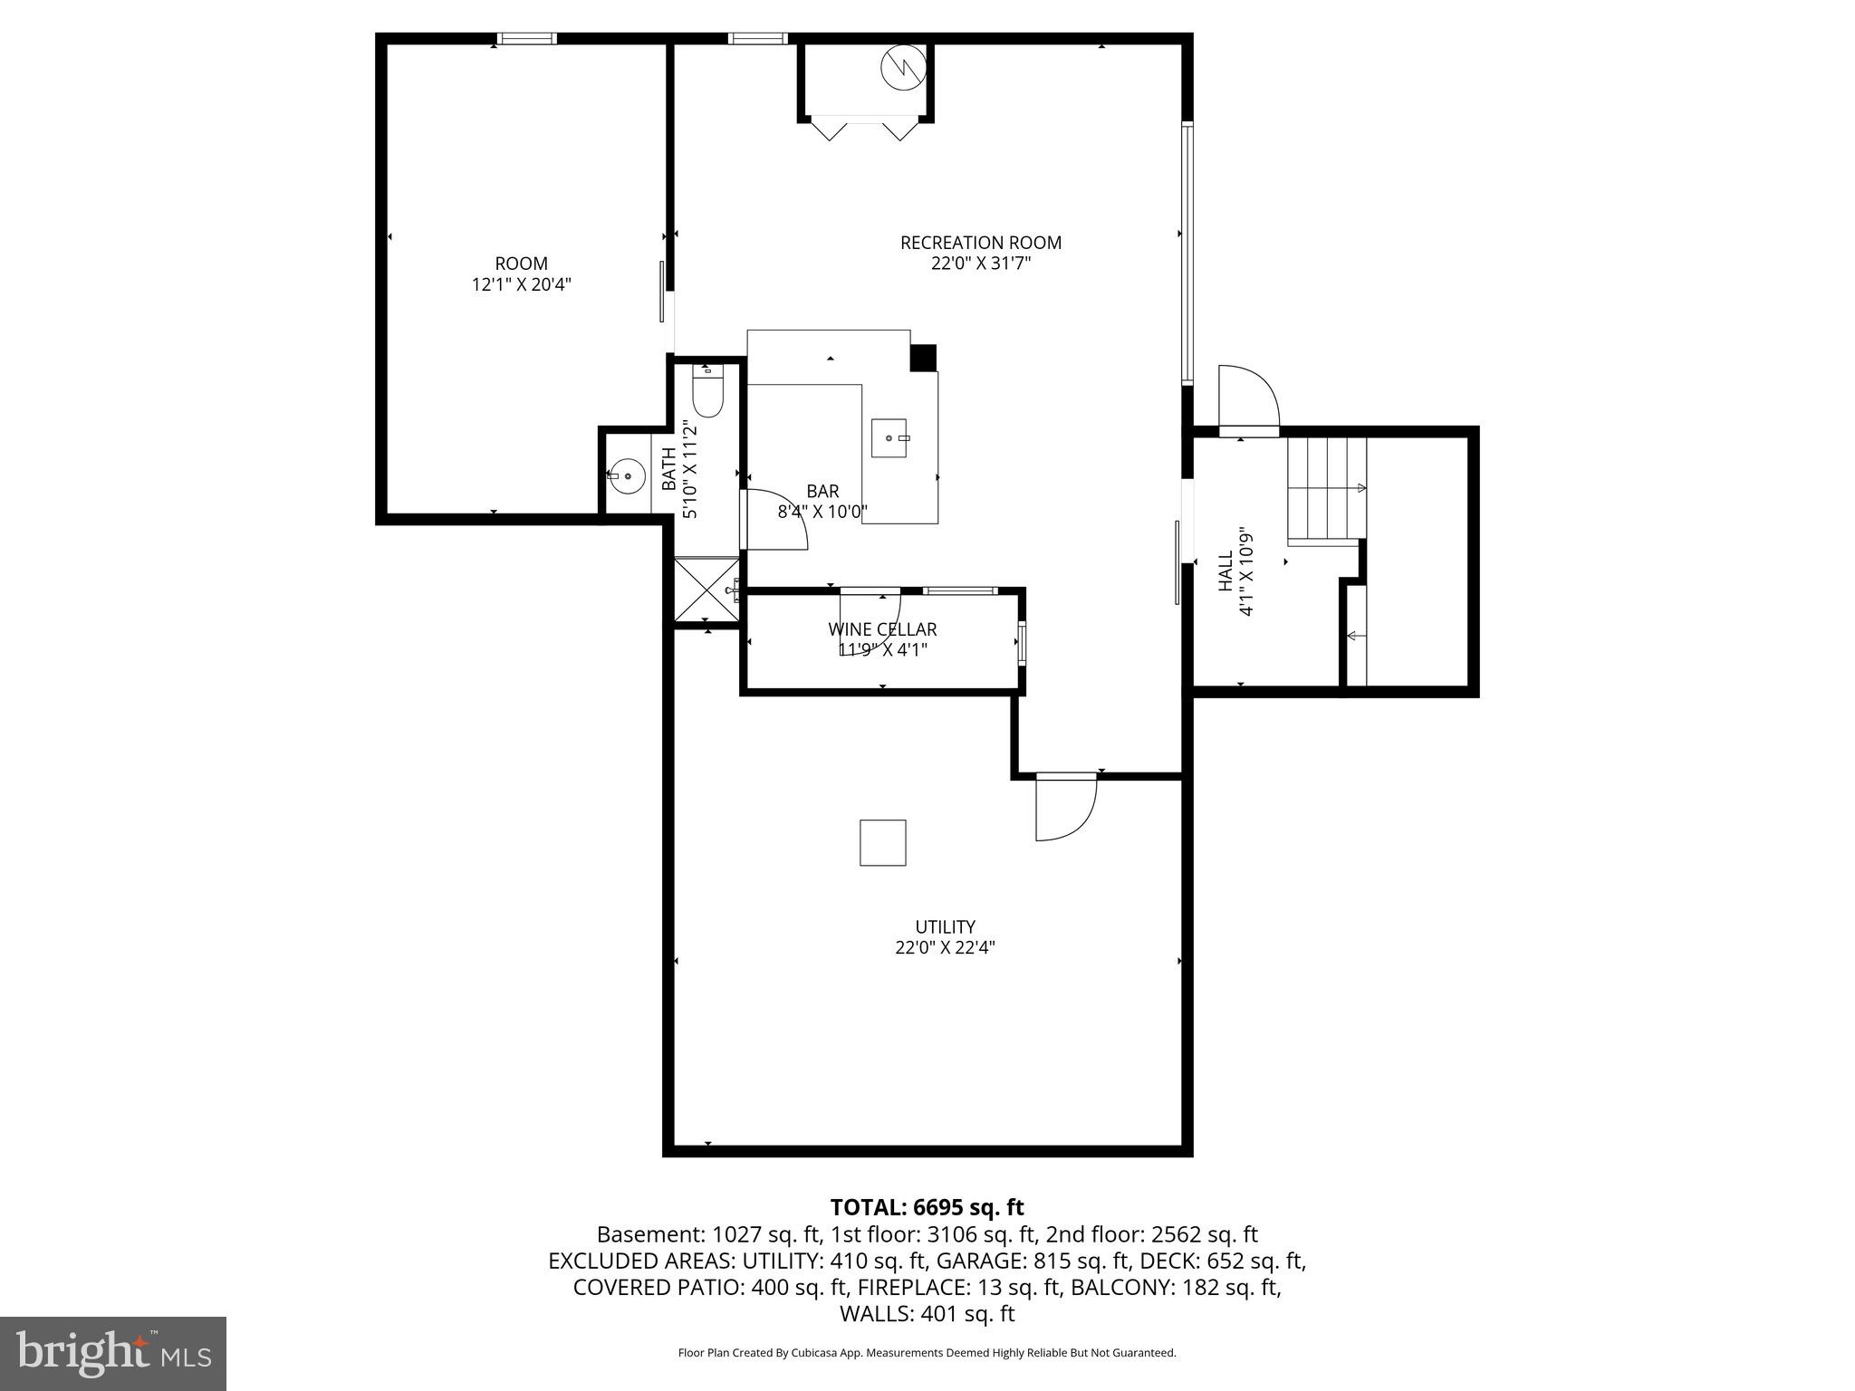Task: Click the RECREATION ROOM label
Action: tap(980, 243)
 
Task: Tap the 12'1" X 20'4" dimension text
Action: tap(521, 284)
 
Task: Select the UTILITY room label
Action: tap(945, 926)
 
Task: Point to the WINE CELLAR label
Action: tap(882, 628)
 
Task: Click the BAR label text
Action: tap(822, 491)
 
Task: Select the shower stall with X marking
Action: tap(706, 589)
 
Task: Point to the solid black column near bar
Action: tap(923, 358)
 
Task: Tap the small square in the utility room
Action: tap(882, 842)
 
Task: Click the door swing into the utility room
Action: tap(1065, 808)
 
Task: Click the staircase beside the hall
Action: tap(1327, 489)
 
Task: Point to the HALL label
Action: tap(1225, 571)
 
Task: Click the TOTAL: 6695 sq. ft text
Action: tap(927, 1207)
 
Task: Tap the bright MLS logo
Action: tap(113, 1353)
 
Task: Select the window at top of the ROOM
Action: tap(526, 38)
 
